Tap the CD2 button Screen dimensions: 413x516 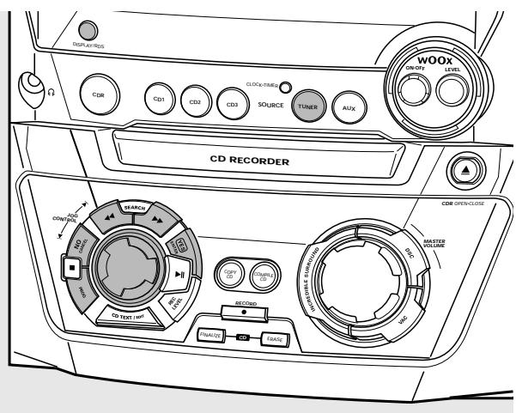click(x=195, y=102)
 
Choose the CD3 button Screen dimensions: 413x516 click(x=231, y=104)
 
